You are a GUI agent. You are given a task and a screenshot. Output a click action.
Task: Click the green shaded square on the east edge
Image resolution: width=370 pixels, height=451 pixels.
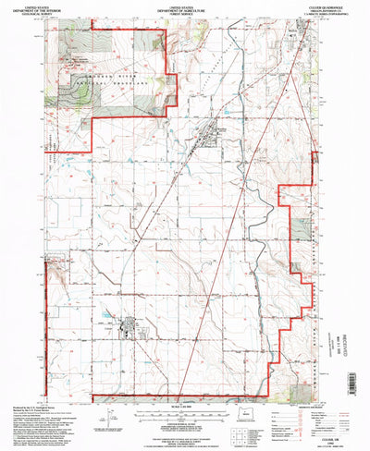pos(302,228)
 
